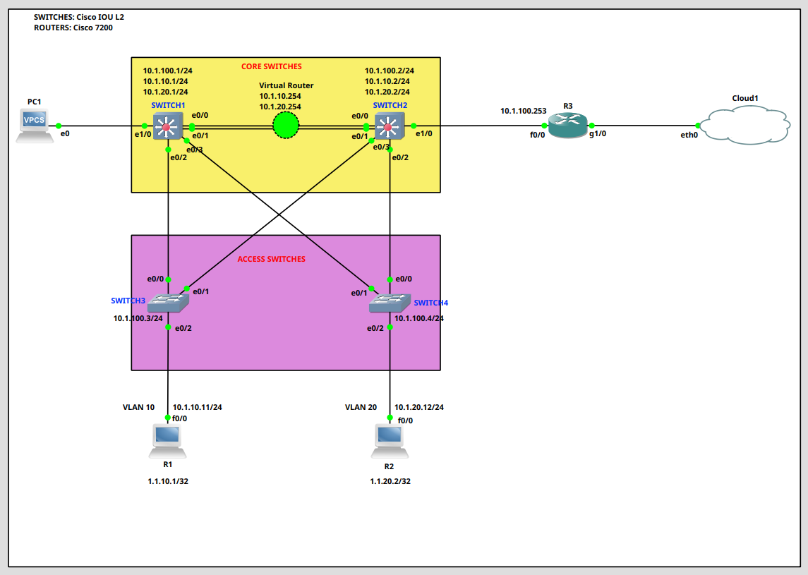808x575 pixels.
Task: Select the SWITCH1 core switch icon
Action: click(x=167, y=126)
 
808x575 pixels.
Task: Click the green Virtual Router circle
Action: click(x=286, y=126)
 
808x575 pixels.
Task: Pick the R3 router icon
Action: click(x=567, y=126)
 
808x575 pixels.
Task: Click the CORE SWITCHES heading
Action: click(x=272, y=67)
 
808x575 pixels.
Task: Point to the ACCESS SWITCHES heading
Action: click(x=271, y=260)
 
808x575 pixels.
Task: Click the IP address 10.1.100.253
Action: click(x=523, y=111)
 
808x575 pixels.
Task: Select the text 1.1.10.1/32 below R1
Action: click(x=168, y=481)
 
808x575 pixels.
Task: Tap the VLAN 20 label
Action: click(x=361, y=407)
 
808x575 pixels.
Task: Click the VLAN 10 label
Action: click(x=138, y=407)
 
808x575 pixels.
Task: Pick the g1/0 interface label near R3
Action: click(x=598, y=133)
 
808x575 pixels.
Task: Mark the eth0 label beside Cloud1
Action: click(x=689, y=134)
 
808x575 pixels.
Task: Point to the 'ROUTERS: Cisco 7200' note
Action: click(x=73, y=28)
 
